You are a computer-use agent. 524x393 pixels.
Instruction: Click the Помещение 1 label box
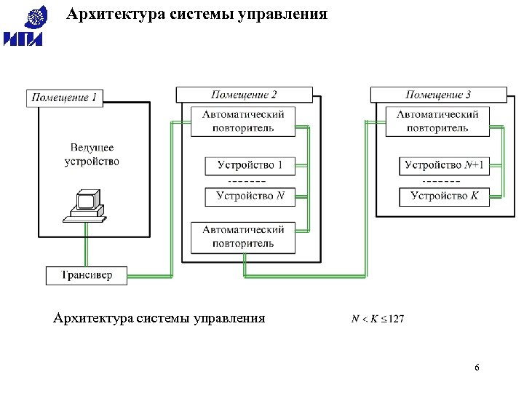[64, 97]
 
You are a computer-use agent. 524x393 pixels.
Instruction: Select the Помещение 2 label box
[244, 95]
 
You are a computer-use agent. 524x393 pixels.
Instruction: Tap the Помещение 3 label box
[438, 95]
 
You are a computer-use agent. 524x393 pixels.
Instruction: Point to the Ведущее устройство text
[92, 154]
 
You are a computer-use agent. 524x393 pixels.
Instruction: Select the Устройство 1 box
[250, 166]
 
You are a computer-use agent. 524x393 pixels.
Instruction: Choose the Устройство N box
[250, 196]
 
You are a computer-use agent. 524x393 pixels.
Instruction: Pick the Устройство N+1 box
[444, 166]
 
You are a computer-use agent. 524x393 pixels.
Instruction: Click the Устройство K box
[444, 196]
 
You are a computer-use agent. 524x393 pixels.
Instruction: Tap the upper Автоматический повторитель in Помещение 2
[243, 122]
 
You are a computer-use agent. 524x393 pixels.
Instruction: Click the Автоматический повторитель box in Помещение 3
[437, 122]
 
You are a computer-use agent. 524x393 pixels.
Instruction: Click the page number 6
[477, 368]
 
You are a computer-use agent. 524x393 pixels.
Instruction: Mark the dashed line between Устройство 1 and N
[247, 181]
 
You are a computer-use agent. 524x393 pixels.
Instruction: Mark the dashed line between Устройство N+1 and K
[441, 181]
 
